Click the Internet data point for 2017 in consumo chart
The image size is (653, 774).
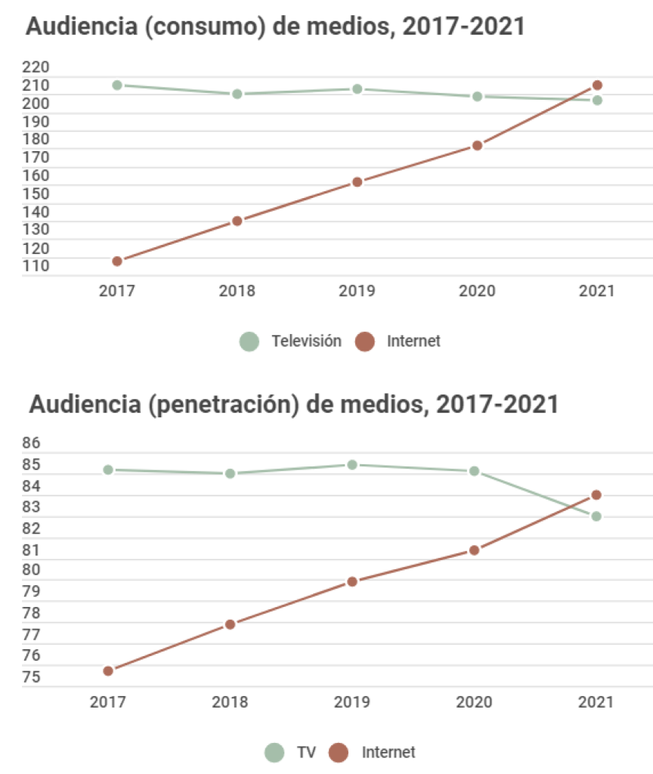117,261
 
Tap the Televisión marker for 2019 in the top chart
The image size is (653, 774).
357,89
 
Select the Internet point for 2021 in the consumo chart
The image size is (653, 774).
597,85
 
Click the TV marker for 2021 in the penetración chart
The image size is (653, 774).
596,516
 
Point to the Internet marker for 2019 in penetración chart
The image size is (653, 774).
352,581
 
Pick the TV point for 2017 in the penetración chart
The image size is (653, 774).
108,469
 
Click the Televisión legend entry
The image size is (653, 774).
291,341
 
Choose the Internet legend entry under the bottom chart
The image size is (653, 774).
375,752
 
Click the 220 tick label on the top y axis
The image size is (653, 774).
36,67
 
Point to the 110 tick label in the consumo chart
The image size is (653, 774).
36,265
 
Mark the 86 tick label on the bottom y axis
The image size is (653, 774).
31,443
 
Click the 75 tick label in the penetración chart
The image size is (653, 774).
31,676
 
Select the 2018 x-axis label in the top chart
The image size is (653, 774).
237,291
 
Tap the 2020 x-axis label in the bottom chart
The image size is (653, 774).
474,702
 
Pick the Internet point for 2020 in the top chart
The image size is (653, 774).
478,145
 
